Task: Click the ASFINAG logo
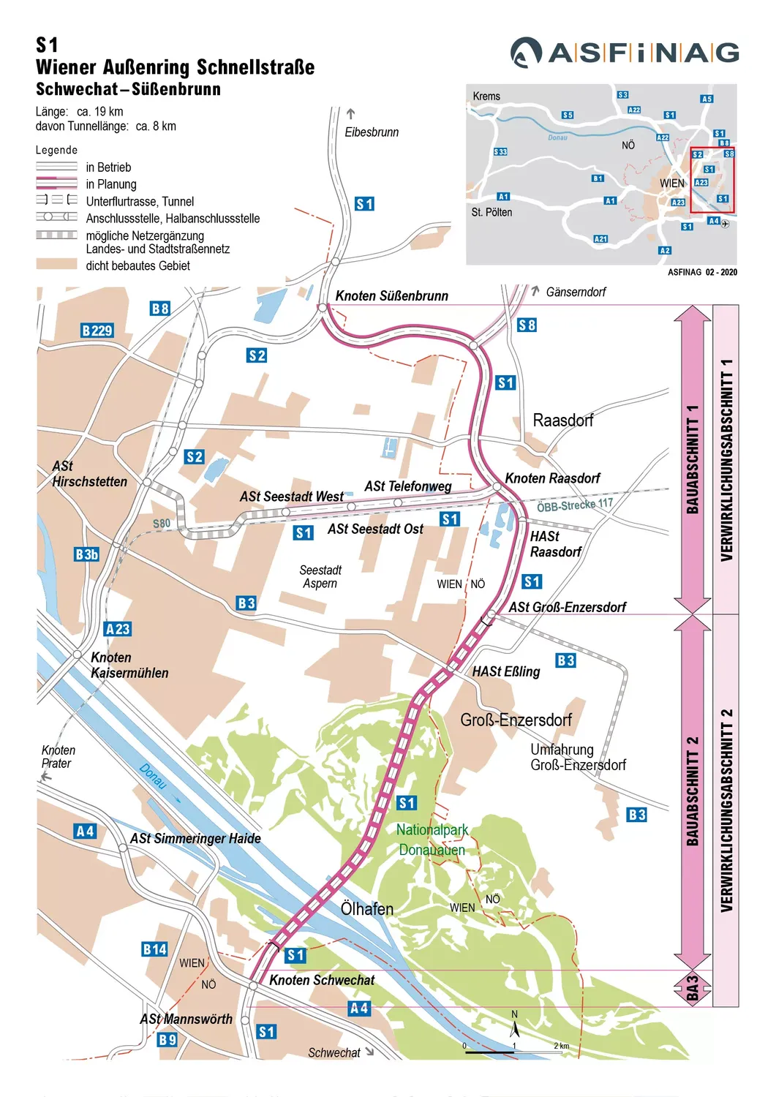pos(624,53)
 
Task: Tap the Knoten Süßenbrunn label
pos(391,296)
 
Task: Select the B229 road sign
pos(97,331)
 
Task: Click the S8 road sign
pos(527,325)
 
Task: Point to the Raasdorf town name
pos(562,421)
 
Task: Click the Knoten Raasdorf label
pos(552,478)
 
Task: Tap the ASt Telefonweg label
pos(407,486)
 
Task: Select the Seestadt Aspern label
pos(320,576)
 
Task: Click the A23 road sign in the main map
pos(117,629)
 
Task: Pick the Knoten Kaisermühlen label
pos(129,665)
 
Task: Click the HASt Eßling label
pos(505,671)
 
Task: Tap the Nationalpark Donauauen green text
pos(432,840)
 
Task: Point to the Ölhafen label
pos(366,909)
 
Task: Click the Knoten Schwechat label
pos(321,980)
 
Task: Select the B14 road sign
pos(154,949)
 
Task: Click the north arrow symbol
pos(514,1028)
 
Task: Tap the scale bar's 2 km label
pos(561,1046)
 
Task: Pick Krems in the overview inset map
pos(486,97)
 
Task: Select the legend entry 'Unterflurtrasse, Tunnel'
pos(140,201)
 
